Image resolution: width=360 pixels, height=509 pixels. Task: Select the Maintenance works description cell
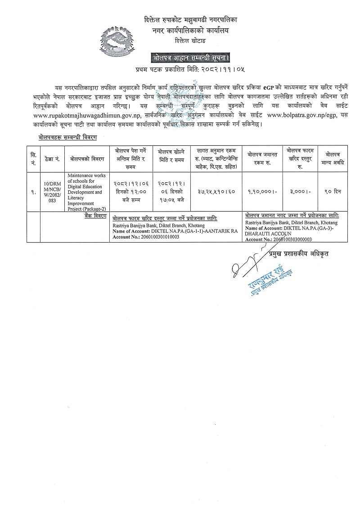(85, 192)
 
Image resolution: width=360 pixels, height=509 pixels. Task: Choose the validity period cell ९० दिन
(333, 192)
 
